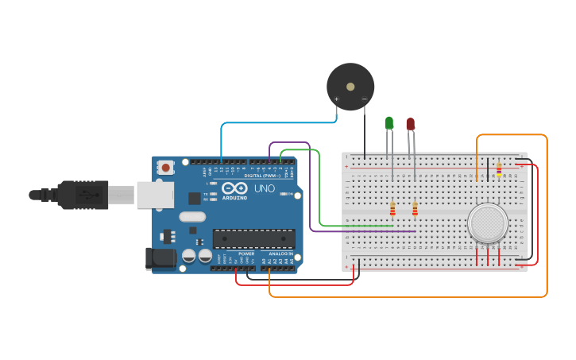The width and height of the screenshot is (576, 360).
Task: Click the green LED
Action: [389, 122]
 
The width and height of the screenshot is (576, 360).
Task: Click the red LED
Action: [410, 124]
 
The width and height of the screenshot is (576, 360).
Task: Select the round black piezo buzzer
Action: [350, 87]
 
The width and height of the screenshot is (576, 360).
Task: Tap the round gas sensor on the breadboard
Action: [488, 223]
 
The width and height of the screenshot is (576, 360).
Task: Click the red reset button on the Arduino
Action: [166, 167]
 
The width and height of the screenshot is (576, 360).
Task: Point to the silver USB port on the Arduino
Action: [155, 195]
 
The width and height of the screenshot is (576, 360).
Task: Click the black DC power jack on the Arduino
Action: [160, 258]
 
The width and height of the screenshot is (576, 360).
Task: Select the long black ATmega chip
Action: [253, 238]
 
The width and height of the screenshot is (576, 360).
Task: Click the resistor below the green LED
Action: [392, 209]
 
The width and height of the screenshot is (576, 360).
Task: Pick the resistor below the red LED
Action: [415, 209]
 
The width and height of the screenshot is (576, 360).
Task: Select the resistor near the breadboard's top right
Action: [499, 168]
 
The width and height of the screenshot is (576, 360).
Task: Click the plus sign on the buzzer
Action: [336, 99]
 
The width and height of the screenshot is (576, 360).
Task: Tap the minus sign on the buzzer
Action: [364, 99]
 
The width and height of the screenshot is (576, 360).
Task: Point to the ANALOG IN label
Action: [280, 254]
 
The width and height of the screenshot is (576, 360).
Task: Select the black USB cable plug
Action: [79, 195]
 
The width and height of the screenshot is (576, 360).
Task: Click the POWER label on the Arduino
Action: [246, 254]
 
